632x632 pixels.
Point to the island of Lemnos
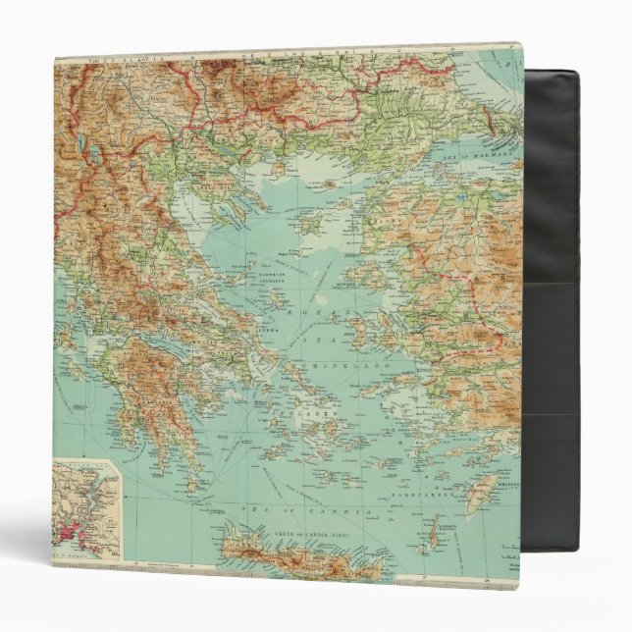(x=313, y=227)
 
